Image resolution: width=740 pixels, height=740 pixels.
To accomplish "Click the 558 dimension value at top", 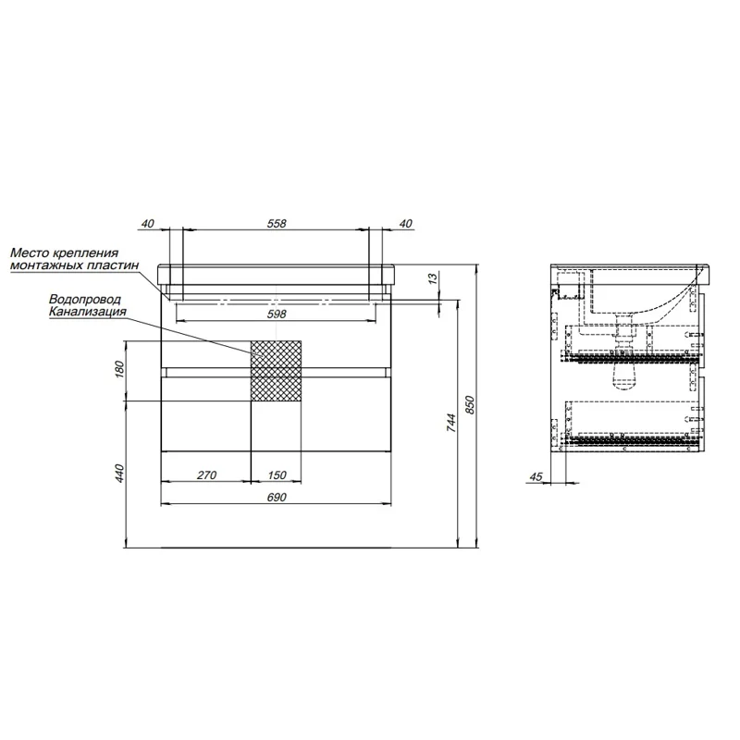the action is point(277,223).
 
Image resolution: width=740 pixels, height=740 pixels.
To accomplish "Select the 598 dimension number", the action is point(277,314).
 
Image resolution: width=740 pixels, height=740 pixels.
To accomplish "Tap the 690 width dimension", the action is point(277,498).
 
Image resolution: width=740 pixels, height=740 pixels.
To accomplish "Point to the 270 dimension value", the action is point(206,475).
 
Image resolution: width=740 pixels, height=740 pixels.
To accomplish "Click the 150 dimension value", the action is point(277,475).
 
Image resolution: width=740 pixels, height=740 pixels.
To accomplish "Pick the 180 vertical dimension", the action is point(119,369).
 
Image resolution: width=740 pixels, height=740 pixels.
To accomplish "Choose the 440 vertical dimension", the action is point(119,473).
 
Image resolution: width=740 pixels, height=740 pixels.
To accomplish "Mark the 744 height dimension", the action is point(451,424).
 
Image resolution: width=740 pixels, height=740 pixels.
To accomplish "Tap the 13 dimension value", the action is point(433,279).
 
